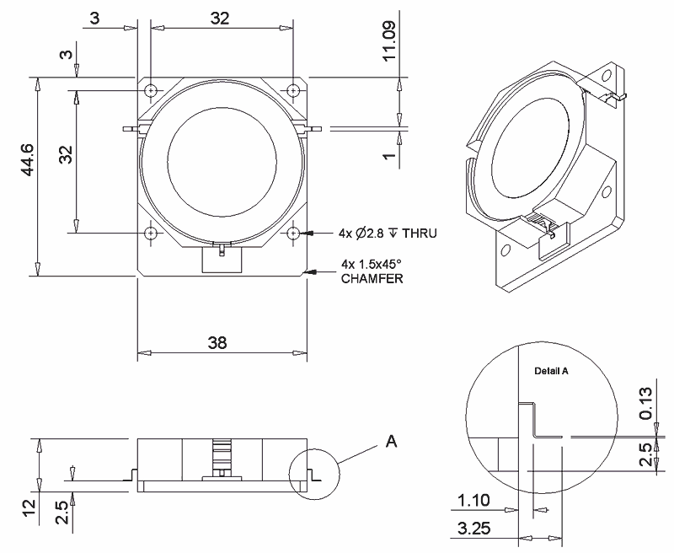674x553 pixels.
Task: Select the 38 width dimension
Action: [222, 342]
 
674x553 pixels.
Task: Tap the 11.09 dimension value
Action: [388, 40]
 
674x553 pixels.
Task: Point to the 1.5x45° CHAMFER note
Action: [372, 271]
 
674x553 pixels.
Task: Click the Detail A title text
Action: [552, 371]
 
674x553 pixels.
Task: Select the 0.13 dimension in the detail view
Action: [645, 404]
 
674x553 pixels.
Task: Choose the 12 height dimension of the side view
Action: [29, 507]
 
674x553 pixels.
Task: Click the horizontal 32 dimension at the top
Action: [220, 19]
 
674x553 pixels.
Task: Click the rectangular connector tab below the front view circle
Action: [222, 259]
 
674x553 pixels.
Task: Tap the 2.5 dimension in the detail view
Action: [645, 456]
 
